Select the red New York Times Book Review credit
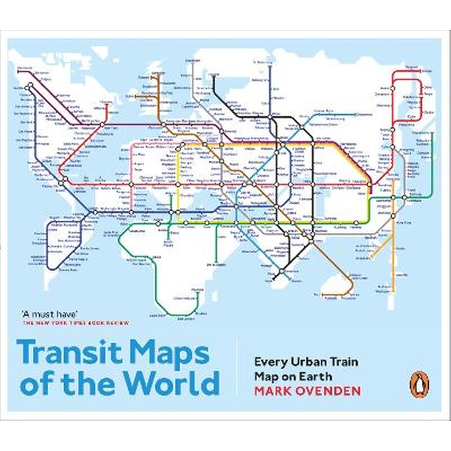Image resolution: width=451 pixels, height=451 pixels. tap(76, 324)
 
